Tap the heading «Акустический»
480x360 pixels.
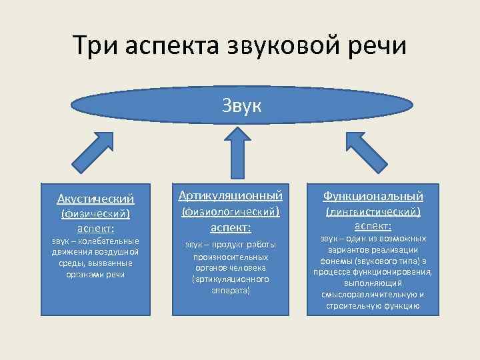coord(96,199)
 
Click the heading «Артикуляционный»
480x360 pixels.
coord(231,195)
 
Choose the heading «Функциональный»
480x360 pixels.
coord(373,196)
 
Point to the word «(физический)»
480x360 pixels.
coord(95,214)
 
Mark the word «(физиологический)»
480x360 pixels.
coord(231,211)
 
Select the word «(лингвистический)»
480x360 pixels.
coord(373,211)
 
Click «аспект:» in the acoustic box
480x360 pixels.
coord(95,229)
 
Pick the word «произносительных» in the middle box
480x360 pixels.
coord(231,257)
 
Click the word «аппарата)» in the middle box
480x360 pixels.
coord(231,291)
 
